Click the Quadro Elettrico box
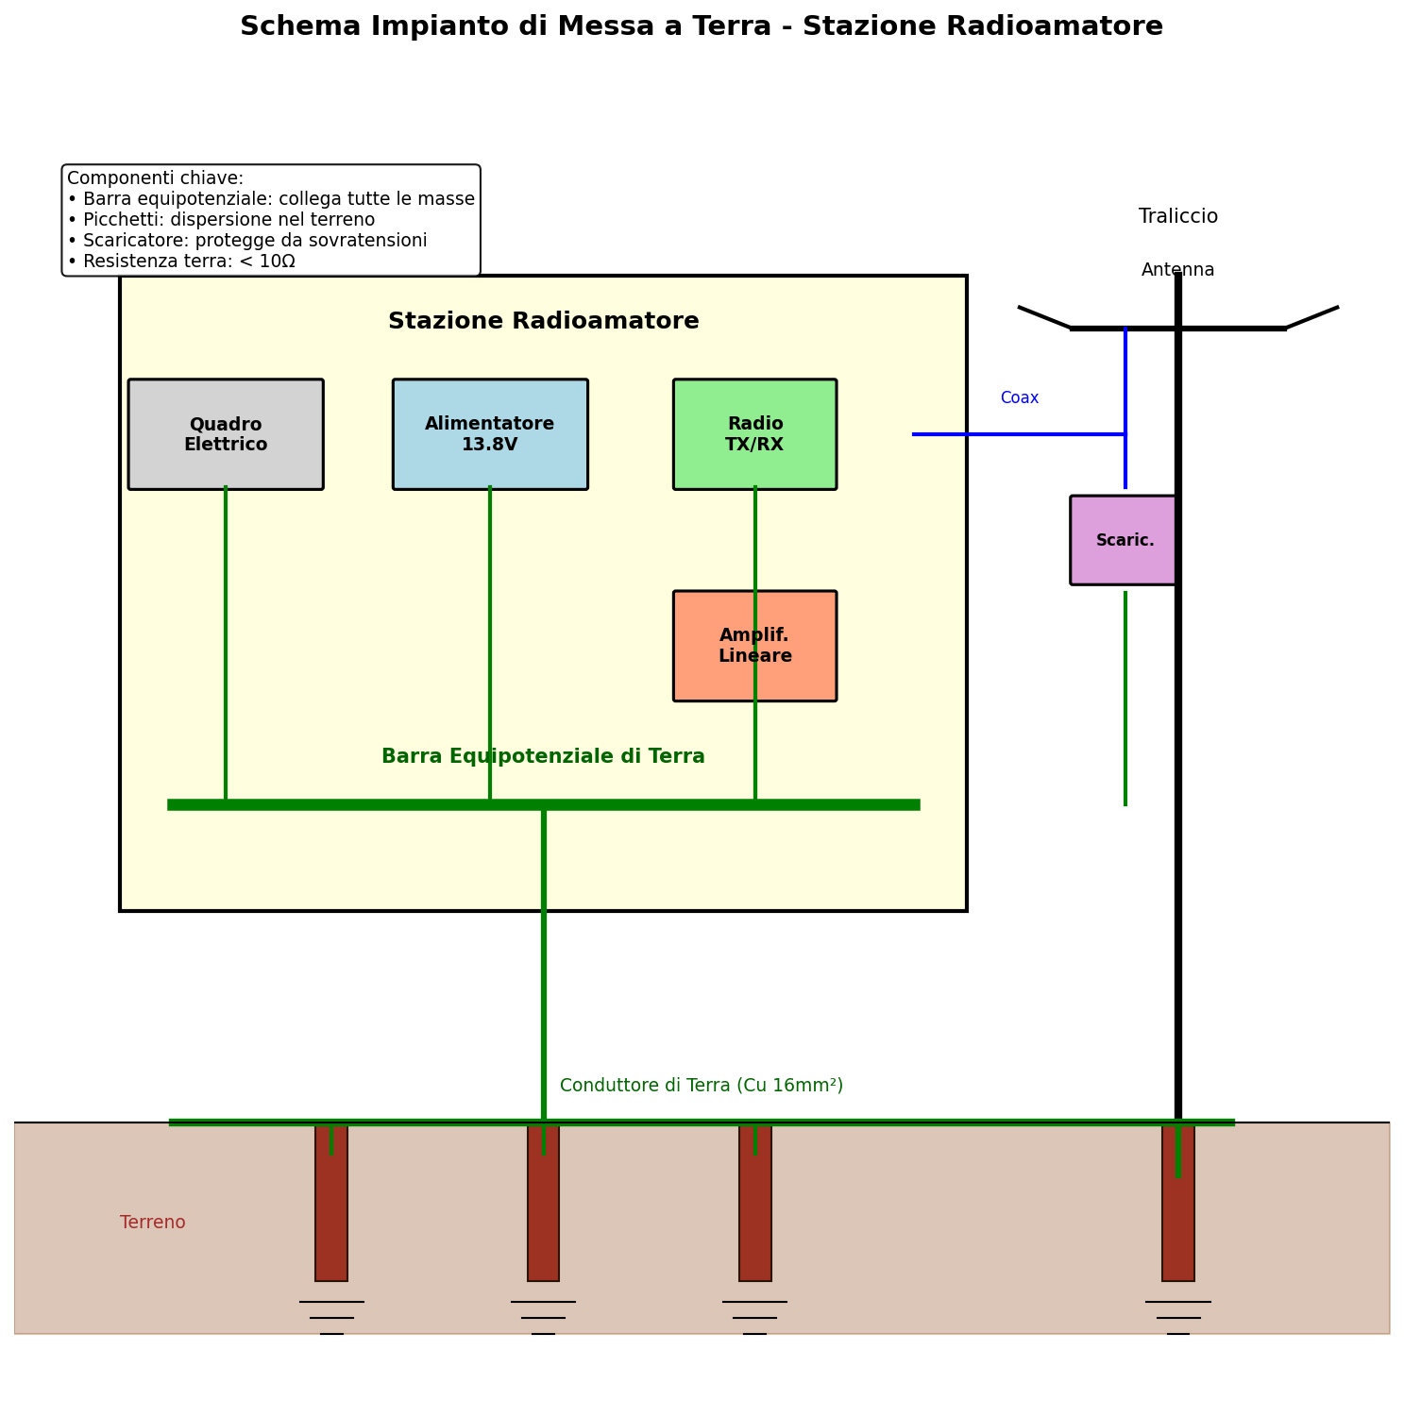pos(226,434)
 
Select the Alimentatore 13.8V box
pos(490,434)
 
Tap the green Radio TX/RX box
pos(754,434)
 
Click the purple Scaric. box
pos(1124,540)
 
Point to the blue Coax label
pos(1019,398)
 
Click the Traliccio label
pos(1177,217)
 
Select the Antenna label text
pos(1177,270)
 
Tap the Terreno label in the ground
pos(153,1223)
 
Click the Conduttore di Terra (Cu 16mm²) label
pos(701,1086)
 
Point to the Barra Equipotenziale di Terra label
pos(543,757)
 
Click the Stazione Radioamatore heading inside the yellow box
pos(543,322)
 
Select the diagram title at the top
pos(701,26)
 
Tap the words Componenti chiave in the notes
pos(153,178)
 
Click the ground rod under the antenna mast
pos(1177,1227)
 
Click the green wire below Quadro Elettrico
pos(226,642)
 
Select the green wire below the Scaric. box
pos(1125,699)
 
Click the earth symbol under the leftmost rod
pos(331,1317)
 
